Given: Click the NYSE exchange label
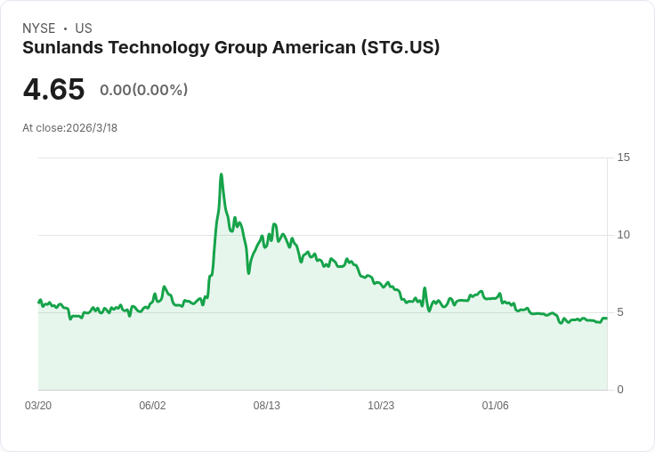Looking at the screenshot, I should pos(38,28).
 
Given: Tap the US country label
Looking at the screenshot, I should pos(84,28).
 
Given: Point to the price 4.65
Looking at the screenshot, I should pos(53,90).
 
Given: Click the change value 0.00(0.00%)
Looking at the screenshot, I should pos(143,90).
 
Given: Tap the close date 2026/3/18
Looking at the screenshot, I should pos(92,128).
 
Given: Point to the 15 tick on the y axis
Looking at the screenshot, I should pos(624,157).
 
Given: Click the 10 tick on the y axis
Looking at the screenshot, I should pos(624,235).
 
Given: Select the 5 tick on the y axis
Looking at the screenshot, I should pos(621,312).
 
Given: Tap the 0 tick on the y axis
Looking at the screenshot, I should pos(621,390).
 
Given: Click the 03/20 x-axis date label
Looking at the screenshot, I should pos(38,406).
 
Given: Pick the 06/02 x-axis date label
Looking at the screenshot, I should pos(152,406).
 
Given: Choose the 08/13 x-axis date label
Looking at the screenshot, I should pos(267,406).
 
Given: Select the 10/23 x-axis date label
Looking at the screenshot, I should pos(381,406).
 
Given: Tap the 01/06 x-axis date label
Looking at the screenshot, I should pos(496,406).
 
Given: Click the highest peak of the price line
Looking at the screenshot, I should pos(221,174).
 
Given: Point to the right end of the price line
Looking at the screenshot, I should pos(607,319).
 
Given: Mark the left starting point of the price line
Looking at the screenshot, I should pos(39,303).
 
